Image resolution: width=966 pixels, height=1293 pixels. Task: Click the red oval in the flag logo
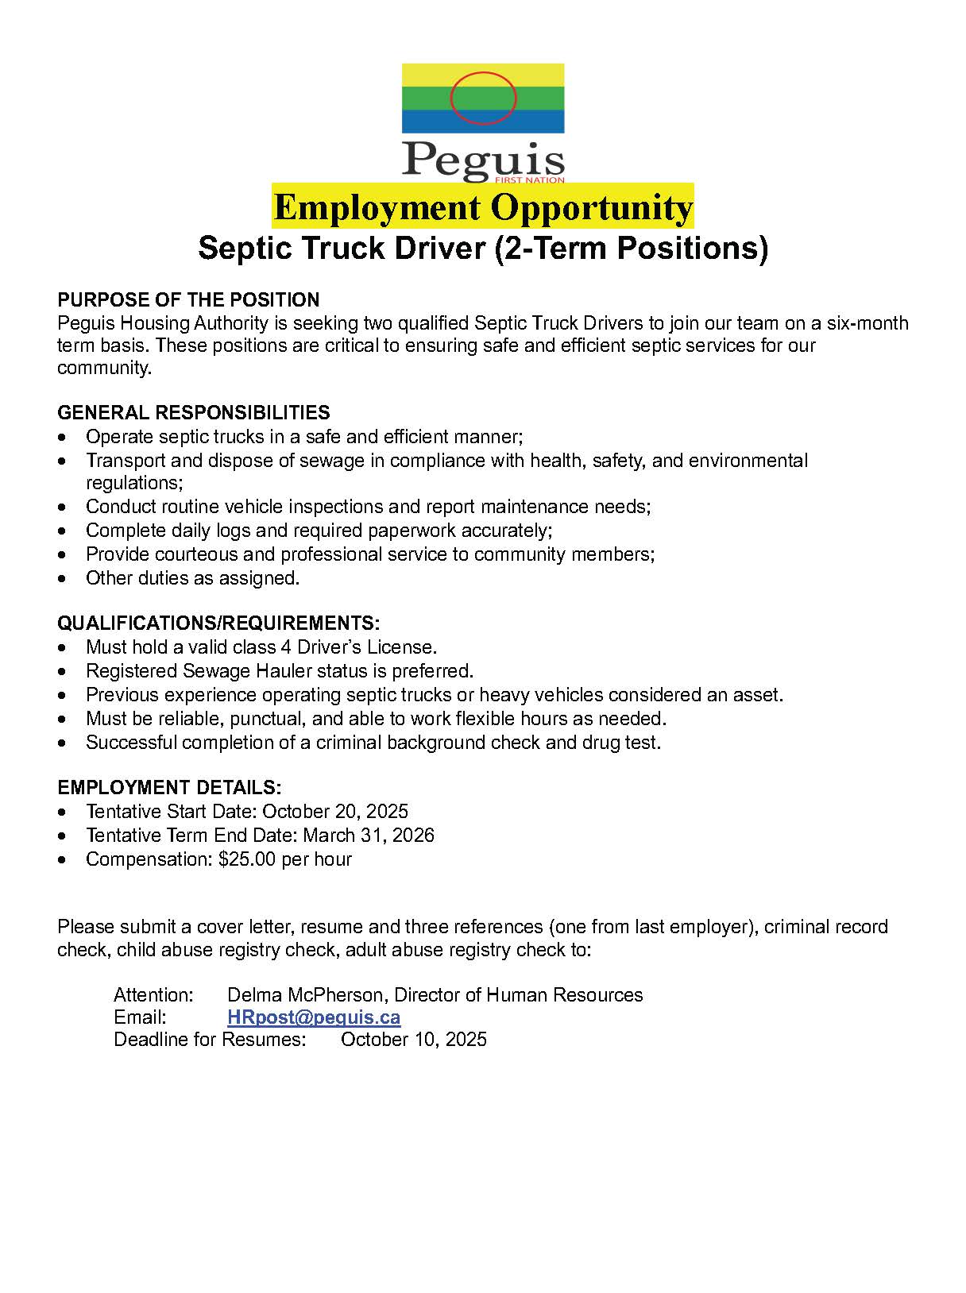click(x=483, y=98)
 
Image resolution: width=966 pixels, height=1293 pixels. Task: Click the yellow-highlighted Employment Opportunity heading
click(x=483, y=207)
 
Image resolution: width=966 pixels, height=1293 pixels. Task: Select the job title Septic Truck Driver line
click(x=483, y=248)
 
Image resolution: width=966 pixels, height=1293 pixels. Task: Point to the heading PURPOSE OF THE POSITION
click(x=188, y=299)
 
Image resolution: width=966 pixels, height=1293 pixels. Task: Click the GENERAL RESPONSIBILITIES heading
click(x=194, y=412)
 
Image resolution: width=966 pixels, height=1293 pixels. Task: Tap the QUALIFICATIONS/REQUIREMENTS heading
click(x=218, y=622)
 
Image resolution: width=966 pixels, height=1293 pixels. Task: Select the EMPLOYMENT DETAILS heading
click(x=169, y=787)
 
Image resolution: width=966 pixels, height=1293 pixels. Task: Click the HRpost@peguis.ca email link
click(x=314, y=1017)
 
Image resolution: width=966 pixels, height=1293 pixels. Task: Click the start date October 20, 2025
click(x=335, y=811)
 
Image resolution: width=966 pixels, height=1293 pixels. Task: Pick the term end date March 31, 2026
click(x=369, y=835)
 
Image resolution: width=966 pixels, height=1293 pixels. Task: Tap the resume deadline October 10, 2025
click(x=413, y=1039)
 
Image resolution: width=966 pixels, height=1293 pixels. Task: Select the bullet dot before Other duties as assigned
click(x=64, y=579)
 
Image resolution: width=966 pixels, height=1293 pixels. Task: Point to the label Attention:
click(x=153, y=994)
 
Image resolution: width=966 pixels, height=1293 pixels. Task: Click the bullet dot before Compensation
click(x=64, y=860)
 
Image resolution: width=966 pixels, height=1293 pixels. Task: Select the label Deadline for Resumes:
click(x=210, y=1039)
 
